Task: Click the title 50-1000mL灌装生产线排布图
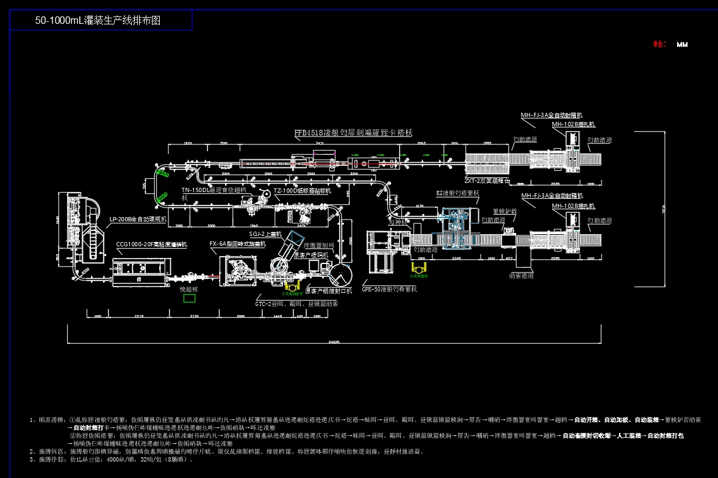[x=98, y=20]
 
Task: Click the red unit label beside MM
[x=659, y=45]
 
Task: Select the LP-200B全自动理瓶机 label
[x=138, y=218]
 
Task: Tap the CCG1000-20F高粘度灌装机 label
[x=151, y=244]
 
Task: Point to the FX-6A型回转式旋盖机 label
[x=237, y=244]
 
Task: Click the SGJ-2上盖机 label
[x=265, y=234]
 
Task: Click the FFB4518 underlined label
[x=353, y=132]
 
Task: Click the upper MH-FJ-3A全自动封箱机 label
[x=551, y=115]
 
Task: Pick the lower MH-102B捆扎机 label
[x=573, y=206]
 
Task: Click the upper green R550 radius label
[x=162, y=175]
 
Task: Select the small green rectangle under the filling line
[x=189, y=298]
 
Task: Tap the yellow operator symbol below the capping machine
[x=293, y=287]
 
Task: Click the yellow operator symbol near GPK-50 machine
[x=420, y=268]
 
